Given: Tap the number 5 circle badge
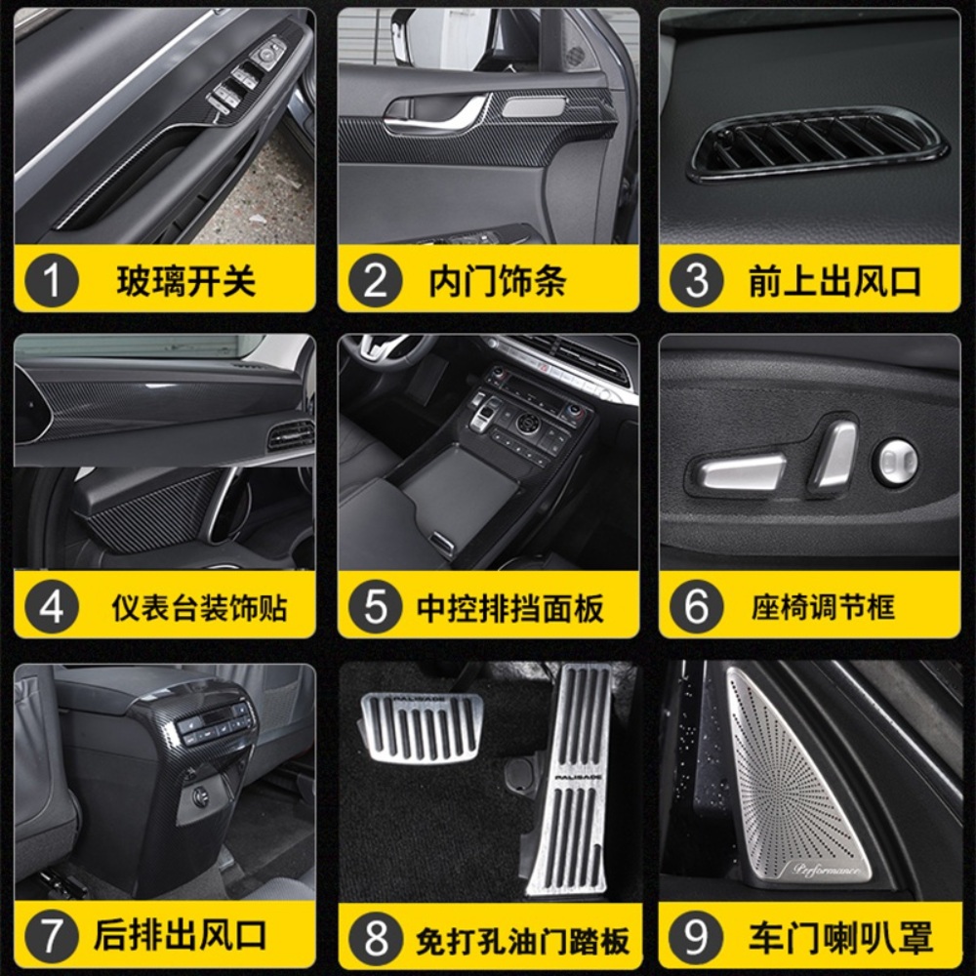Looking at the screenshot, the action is pyautogui.click(x=376, y=606).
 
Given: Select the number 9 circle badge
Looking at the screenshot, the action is pyautogui.click(x=697, y=936).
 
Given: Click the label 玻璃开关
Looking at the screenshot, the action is pyautogui.click(x=186, y=281).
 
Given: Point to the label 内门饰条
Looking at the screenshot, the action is pyautogui.click(x=498, y=281).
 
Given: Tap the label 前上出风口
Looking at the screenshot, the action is pyautogui.click(x=834, y=281).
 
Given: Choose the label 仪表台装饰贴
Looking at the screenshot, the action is pyautogui.click(x=199, y=607).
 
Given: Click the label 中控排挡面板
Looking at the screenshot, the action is pyautogui.click(x=510, y=607).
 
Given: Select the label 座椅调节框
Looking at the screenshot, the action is pyautogui.click(x=823, y=607).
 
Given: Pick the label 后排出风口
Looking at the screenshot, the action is pyautogui.click(x=181, y=935).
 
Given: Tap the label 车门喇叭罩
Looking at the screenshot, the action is pyautogui.click(x=841, y=937).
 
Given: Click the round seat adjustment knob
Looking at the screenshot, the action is pyautogui.click(x=895, y=462).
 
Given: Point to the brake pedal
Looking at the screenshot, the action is pyautogui.click(x=422, y=725).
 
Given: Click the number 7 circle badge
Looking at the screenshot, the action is pyautogui.click(x=51, y=936).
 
